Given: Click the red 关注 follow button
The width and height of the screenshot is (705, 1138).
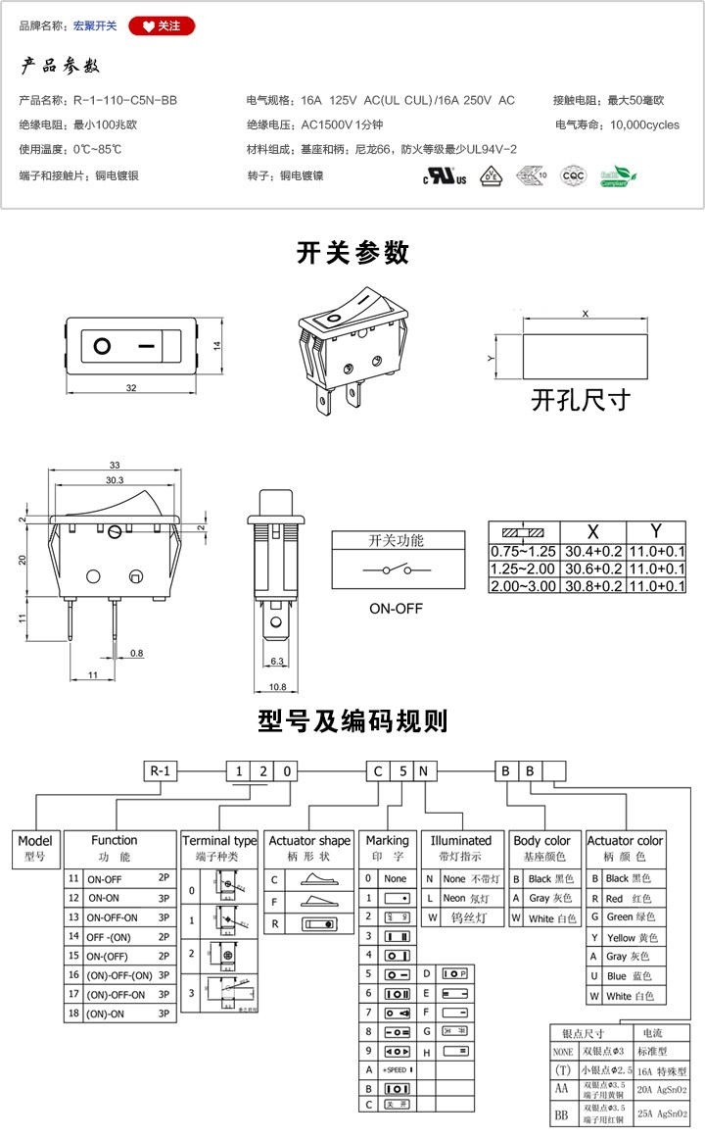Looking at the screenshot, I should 162,25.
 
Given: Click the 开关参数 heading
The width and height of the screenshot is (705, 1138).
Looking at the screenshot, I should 352,253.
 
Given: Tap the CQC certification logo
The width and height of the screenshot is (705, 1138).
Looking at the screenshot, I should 572,175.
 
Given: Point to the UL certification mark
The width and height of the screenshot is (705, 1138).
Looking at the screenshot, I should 445,177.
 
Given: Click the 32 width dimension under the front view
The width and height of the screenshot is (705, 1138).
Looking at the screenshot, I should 131,388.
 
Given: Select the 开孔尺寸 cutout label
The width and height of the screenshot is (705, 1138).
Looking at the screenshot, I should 580,400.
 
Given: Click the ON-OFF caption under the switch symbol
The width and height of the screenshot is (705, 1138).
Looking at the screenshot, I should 396,608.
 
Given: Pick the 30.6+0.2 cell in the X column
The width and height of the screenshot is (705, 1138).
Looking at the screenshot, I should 591,569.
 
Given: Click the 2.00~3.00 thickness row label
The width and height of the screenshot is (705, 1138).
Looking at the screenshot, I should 523,586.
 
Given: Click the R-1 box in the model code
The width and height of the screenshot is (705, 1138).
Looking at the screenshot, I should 161,770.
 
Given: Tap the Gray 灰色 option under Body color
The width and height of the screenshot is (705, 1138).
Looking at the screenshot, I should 544,898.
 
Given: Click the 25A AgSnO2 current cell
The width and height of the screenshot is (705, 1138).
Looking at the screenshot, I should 663,1113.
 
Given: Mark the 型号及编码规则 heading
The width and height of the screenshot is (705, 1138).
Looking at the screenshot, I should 352,721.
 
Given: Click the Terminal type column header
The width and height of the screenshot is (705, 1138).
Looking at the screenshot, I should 219,841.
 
